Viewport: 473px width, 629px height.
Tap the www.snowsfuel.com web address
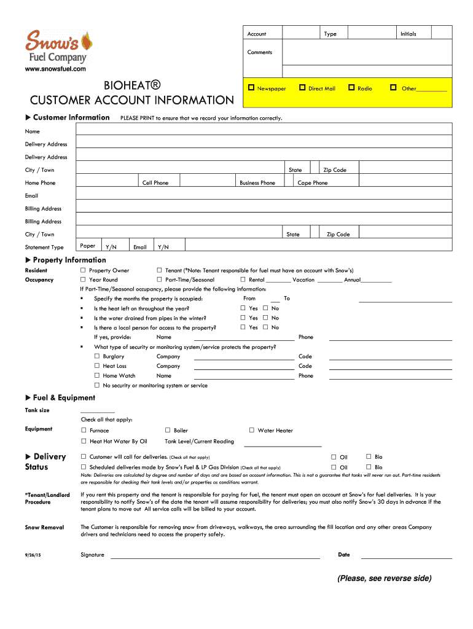(x=55, y=69)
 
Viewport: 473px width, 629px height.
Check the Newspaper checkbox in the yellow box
(x=251, y=88)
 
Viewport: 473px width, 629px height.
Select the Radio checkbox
(x=352, y=88)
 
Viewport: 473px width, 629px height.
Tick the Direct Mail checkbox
(x=302, y=88)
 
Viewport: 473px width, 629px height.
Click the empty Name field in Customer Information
(x=264, y=131)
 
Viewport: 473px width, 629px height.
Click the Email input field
(x=264, y=195)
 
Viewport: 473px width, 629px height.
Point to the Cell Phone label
(x=155, y=183)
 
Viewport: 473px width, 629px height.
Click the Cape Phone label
(x=313, y=183)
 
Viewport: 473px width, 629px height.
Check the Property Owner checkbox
(x=83, y=270)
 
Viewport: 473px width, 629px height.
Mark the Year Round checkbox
(x=83, y=279)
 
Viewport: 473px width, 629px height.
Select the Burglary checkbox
(x=97, y=356)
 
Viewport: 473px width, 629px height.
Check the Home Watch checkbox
(x=97, y=375)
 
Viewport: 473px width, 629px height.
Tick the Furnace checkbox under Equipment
(x=84, y=431)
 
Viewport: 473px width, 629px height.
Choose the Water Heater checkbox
(x=252, y=431)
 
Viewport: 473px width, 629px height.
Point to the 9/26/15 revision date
(x=33, y=555)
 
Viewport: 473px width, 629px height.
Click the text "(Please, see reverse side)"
(x=384, y=579)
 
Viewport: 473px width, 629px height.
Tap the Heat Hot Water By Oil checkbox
(x=84, y=441)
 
